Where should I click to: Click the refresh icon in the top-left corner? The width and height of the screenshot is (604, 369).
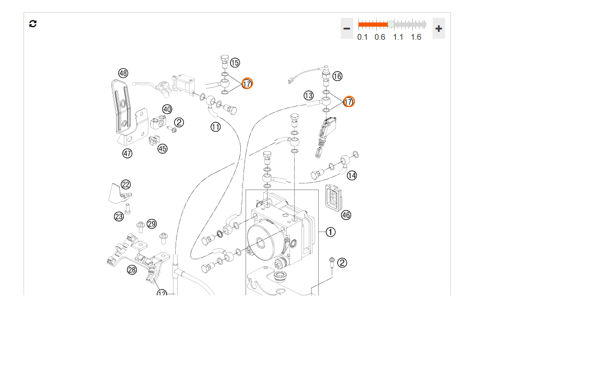point(33,24)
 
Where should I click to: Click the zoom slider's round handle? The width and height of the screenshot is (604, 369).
point(391,25)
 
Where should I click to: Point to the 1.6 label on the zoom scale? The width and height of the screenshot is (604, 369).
point(416,37)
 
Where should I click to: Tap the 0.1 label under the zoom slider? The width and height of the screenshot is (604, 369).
point(362,37)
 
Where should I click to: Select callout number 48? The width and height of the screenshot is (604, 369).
point(123,73)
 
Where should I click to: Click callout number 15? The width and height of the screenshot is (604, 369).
point(235,63)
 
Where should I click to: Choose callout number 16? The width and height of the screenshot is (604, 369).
point(337,76)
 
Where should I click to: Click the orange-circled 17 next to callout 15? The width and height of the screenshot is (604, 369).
point(247,84)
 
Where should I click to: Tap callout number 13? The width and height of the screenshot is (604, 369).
point(309,96)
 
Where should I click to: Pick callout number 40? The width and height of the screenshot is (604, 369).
point(167,109)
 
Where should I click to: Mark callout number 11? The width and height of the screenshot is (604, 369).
point(215,126)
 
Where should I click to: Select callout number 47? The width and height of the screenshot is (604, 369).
point(127,153)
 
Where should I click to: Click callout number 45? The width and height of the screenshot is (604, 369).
point(162,148)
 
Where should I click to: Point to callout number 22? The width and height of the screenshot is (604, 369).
point(125,184)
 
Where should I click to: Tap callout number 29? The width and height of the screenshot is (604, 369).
point(152,224)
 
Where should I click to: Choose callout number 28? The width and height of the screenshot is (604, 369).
point(132,270)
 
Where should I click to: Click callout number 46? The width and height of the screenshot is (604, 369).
point(346,215)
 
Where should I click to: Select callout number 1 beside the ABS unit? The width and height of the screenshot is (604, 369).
point(331,232)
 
